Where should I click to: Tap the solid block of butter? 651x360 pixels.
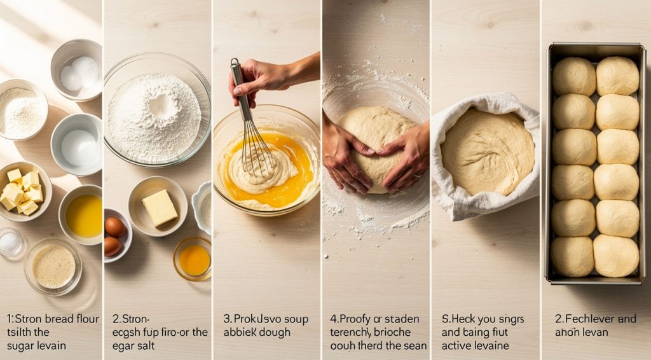tap(159, 208)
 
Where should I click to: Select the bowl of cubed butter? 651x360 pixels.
tap(24, 191)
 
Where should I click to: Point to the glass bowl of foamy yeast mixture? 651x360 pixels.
tap(53, 266)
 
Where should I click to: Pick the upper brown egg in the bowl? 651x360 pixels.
tap(115, 226)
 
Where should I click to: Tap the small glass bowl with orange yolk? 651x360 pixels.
tap(193, 259)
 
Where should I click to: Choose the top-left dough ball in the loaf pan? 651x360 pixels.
tap(573, 76)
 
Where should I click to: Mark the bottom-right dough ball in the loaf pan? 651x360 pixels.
tap(615, 255)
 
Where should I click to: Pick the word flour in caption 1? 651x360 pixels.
tap(86, 319)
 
